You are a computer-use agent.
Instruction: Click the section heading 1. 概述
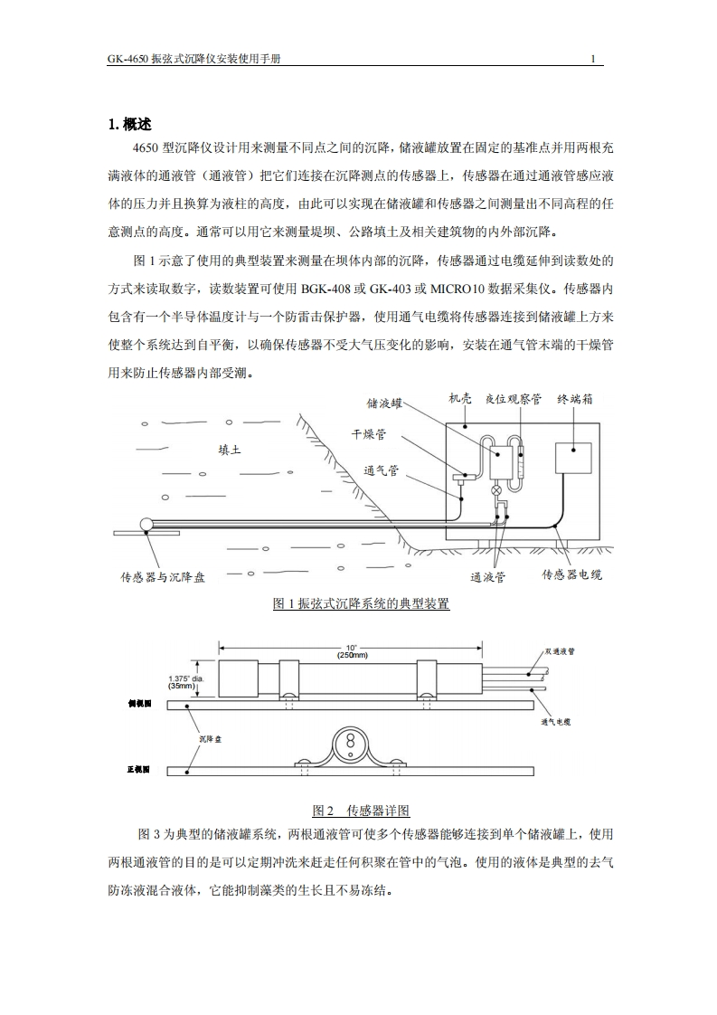tap(130, 125)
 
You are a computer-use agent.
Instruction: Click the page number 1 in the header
tap(593, 60)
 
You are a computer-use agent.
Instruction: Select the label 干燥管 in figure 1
tap(368, 435)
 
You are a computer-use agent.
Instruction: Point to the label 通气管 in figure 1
tap(381, 470)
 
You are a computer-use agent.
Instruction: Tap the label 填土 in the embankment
tap(230, 449)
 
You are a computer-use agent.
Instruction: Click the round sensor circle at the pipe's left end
tap(147, 524)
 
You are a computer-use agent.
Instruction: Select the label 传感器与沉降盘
tap(163, 576)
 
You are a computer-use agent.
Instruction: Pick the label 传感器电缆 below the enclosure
tap(571, 574)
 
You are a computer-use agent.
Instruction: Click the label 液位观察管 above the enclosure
tap(513, 399)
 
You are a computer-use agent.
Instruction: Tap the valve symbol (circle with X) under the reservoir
tap(495, 489)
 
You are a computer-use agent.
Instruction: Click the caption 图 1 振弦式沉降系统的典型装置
tap(361, 603)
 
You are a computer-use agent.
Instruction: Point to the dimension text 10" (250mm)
tap(352, 651)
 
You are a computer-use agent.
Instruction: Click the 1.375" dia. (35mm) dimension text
tap(186, 682)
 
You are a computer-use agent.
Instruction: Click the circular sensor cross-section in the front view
tap(348, 742)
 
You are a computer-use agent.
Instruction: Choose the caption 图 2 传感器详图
tap(361, 811)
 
